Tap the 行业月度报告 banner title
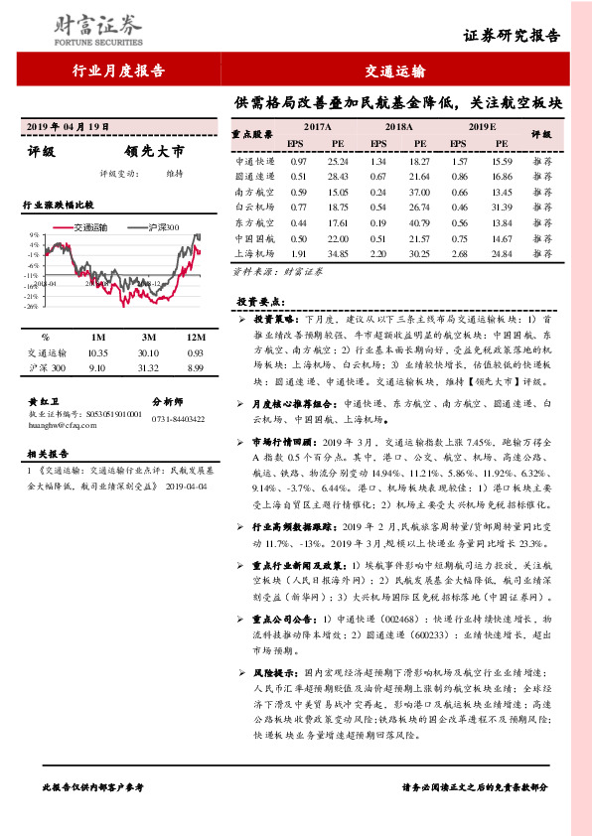[x=118, y=70]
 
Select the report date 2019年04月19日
[x=67, y=129]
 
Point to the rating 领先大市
[x=154, y=152]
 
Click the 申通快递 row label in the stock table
[x=255, y=161]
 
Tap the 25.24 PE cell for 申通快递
[x=338, y=161]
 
